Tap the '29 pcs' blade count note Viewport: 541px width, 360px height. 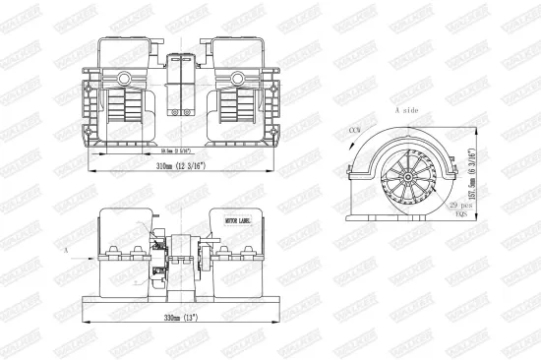(455, 205)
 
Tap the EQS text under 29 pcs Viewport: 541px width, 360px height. (456, 214)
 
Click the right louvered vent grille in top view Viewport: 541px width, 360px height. (233, 104)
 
